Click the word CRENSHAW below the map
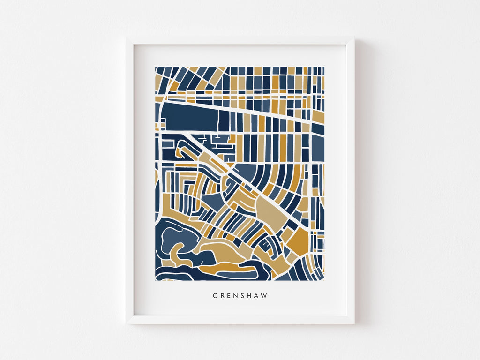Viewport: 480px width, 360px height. tap(240, 296)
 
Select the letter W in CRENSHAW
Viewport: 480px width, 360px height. tap(265, 296)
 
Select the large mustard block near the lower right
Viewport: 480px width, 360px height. tap(299, 242)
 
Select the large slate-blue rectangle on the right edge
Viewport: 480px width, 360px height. tap(318, 146)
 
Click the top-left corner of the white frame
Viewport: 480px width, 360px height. tap(127, 38)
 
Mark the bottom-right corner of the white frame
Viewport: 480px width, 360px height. tap(353, 323)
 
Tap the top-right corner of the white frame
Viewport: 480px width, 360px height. tap(353, 38)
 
